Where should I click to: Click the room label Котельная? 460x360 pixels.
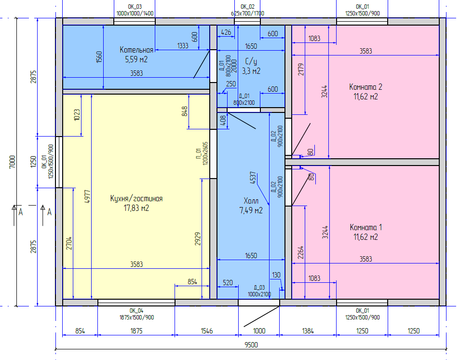(x=136, y=50)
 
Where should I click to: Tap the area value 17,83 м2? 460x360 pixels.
(x=136, y=208)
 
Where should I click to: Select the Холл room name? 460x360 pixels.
(x=251, y=201)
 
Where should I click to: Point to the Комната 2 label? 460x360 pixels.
(x=365, y=87)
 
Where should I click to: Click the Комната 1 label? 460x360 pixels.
(x=366, y=227)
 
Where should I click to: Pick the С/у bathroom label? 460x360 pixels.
(x=251, y=62)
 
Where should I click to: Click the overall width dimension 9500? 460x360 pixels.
(x=251, y=345)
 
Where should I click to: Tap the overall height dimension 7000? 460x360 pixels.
(x=12, y=162)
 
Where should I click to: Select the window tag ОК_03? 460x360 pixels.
(x=135, y=6)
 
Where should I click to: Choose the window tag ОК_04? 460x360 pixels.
(x=136, y=311)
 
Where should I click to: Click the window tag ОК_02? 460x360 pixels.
(x=248, y=6)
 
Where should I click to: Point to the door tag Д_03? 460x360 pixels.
(x=259, y=288)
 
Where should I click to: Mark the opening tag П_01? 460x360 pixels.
(x=199, y=154)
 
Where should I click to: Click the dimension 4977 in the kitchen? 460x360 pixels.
(x=87, y=197)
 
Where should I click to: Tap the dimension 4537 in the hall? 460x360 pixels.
(x=253, y=178)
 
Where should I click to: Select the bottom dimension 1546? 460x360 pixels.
(x=207, y=331)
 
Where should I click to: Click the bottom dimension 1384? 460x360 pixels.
(x=308, y=331)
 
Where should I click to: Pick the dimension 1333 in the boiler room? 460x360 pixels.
(x=182, y=46)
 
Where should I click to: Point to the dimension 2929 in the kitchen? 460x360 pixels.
(x=198, y=239)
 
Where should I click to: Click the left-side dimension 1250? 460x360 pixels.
(x=34, y=162)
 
